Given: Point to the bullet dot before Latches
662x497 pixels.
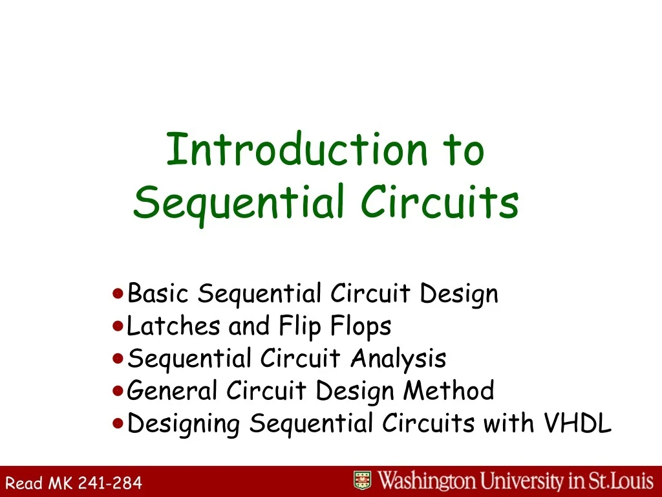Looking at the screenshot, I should [x=117, y=326].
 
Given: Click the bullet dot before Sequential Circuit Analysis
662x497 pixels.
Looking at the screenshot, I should [x=117, y=358].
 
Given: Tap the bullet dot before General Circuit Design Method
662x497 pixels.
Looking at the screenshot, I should [x=117, y=391].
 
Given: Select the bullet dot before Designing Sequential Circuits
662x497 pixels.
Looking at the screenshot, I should [x=117, y=423].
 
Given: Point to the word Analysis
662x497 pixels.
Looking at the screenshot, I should [x=398, y=359].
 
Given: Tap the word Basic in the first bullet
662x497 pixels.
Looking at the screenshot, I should [x=158, y=294].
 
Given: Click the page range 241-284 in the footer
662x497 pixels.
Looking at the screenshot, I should [x=111, y=482].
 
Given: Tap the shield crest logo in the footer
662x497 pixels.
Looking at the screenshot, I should [x=363, y=481].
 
